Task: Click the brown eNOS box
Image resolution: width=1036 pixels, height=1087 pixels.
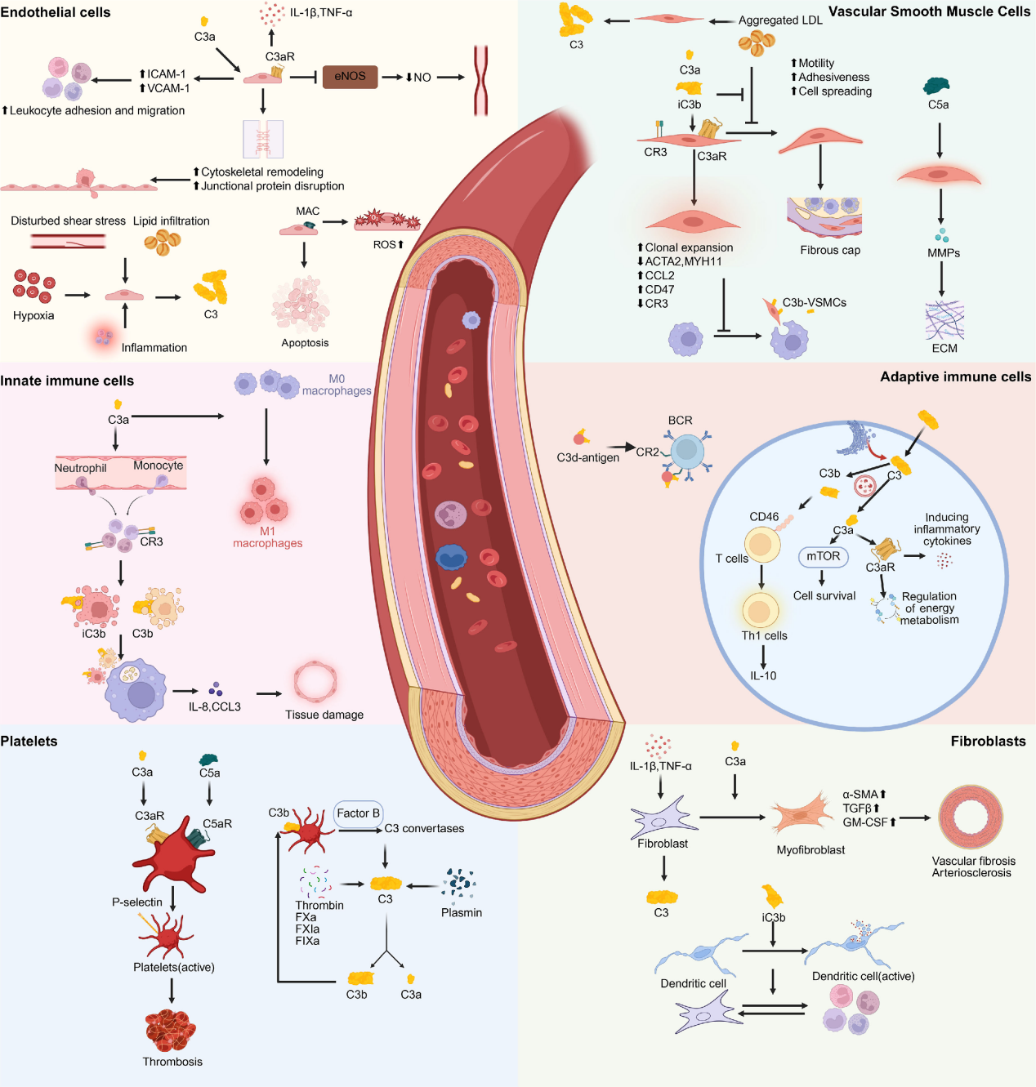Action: pyautogui.click(x=350, y=77)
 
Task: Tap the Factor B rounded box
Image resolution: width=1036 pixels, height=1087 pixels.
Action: pyautogui.click(x=358, y=813)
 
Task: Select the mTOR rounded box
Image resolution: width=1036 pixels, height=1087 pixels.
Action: pyautogui.click(x=823, y=556)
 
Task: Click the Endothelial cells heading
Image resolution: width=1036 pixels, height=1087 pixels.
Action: pyautogui.click(x=56, y=12)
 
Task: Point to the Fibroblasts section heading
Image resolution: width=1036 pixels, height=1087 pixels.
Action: pyautogui.click(x=988, y=741)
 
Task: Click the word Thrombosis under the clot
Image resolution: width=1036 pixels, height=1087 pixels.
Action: pyautogui.click(x=172, y=1062)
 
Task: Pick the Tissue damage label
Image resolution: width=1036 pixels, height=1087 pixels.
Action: pyautogui.click(x=324, y=715)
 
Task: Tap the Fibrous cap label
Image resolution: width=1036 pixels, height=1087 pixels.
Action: pyautogui.click(x=829, y=250)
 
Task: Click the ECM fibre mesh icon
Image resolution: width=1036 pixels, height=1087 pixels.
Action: pyautogui.click(x=944, y=320)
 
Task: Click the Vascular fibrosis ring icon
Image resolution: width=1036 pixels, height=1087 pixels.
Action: pyautogui.click(x=971, y=817)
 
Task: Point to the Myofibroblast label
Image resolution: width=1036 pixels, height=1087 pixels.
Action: pyautogui.click(x=810, y=849)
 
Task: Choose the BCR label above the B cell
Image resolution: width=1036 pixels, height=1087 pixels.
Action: pyautogui.click(x=680, y=421)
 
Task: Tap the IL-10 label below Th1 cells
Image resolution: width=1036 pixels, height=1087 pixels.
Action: pyautogui.click(x=763, y=675)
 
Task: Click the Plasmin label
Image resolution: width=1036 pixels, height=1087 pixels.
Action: pyautogui.click(x=461, y=912)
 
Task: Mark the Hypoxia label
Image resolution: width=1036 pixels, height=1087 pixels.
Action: pyautogui.click(x=33, y=315)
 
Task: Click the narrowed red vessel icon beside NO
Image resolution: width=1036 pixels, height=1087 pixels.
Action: pyautogui.click(x=480, y=79)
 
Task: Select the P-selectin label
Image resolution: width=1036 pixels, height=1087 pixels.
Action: pyautogui.click(x=136, y=902)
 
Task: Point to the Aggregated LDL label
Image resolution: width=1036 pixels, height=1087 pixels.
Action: pyautogui.click(x=780, y=20)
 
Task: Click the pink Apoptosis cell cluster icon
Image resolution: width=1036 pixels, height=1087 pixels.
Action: pyautogui.click(x=300, y=304)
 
